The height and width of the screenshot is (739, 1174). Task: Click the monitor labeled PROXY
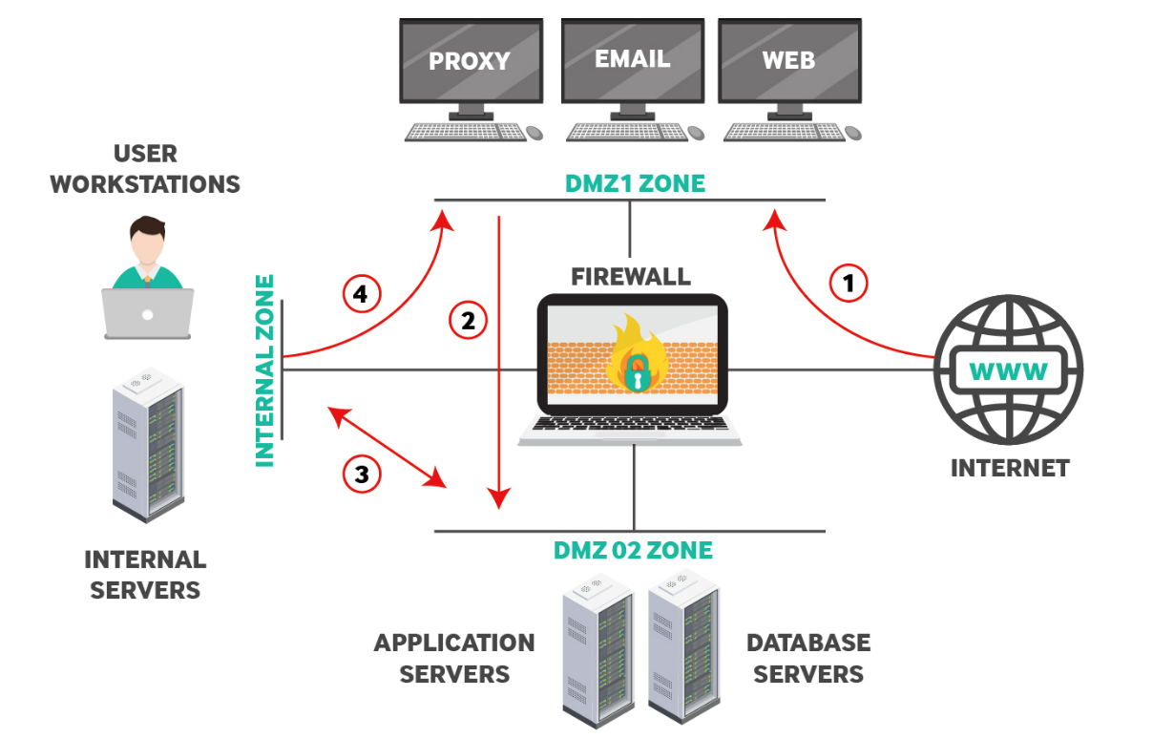pyautogui.click(x=470, y=62)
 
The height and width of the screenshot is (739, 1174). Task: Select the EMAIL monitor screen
pyautogui.click(x=631, y=60)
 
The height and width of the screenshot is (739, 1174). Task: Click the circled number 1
pyautogui.click(x=849, y=283)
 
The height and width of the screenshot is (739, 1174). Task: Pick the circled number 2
pyautogui.click(x=468, y=321)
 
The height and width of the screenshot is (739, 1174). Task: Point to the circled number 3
pyautogui.click(x=362, y=474)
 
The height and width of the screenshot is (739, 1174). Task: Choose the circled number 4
pyautogui.click(x=362, y=295)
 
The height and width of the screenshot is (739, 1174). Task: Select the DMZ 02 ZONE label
pyautogui.click(x=633, y=550)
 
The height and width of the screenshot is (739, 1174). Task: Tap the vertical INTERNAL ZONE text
pyautogui.click(x=265, y=370)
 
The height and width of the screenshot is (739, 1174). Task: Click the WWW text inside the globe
pyautogui.click(x=1009, y=370)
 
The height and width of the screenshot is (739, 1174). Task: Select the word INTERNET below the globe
pyautogui.click(x=1009, y=468)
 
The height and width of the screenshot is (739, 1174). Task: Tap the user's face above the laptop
pyautogui.click(x=148, y=245)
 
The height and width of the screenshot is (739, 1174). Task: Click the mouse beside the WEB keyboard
pyautogui.click(x=853, y=133)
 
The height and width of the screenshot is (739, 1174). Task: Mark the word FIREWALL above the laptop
pyautogui.click(x=631, y=277)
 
